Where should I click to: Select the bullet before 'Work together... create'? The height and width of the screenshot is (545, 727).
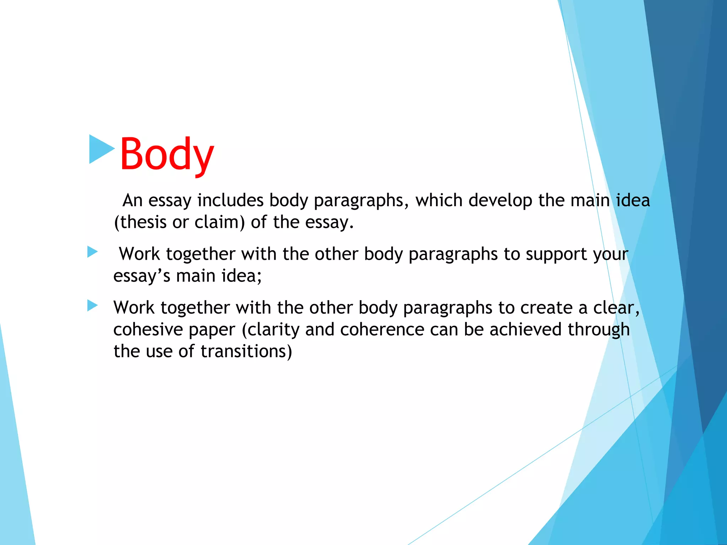tap(92, 305)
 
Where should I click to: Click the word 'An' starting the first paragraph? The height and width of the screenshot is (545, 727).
tap(132, 200)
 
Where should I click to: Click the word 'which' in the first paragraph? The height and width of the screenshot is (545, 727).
tap(439, 200)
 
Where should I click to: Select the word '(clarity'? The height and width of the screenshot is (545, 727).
tap(270, 330)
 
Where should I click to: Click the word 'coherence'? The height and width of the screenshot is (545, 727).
tap(382, 330)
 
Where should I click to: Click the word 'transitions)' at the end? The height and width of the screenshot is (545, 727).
tap(246, 352)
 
